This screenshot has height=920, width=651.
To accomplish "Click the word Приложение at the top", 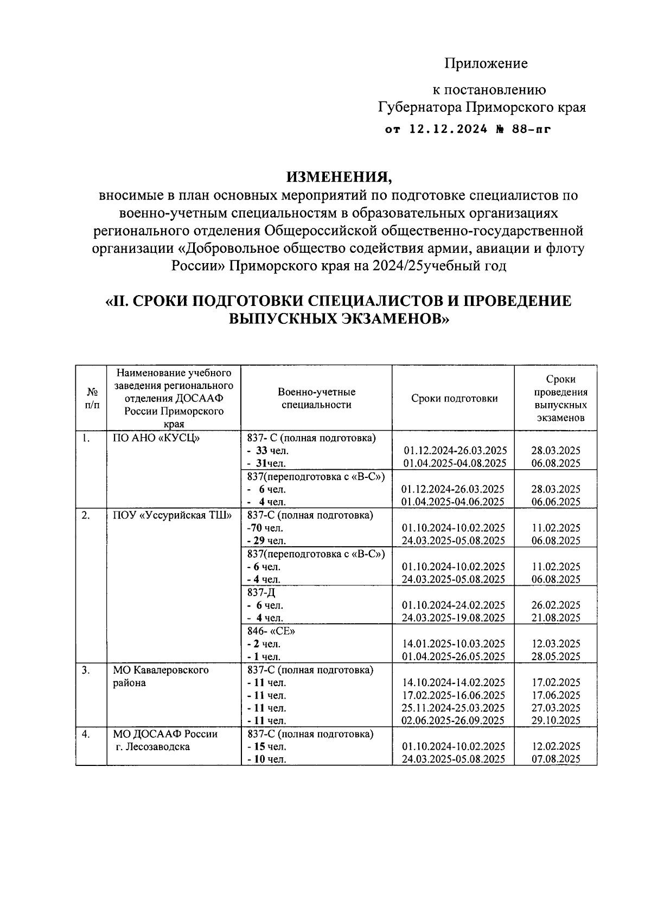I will [486, 64].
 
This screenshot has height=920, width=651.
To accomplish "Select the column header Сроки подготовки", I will [454, 399].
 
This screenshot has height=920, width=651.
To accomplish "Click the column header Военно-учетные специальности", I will [316, 398].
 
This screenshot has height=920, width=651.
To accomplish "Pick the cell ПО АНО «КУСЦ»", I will [156, 438].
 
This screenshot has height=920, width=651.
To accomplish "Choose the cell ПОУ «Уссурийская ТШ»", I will [172, 515].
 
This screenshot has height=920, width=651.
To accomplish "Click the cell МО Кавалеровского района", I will [161, 676].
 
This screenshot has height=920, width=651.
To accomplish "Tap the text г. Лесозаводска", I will [152, 747].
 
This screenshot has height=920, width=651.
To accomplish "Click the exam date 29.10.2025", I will [556, 721].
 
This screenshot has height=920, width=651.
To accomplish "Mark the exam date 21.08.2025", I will [556, 618].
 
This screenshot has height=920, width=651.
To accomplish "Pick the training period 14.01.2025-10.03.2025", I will [454, 644].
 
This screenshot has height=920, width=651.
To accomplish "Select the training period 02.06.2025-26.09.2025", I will [454, 721].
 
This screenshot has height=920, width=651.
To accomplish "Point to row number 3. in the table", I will [86, 670].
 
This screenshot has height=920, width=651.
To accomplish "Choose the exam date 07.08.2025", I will [556, 759].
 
